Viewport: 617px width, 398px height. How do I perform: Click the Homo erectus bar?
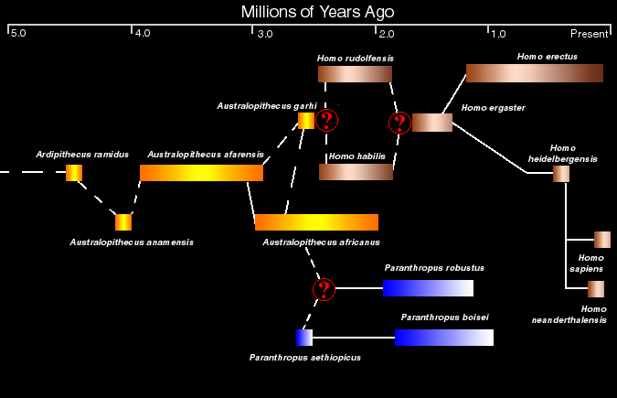point(535,73)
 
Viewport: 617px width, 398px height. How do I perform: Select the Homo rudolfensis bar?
point(355,74)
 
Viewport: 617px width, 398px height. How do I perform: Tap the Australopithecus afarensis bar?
point(201,173)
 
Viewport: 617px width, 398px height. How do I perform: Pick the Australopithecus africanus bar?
point(317,222)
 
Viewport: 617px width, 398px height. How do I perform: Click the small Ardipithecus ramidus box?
point(74,173)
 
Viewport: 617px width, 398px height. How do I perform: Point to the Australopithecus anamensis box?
point(123,222)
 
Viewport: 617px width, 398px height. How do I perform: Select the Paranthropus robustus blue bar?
point(428,288)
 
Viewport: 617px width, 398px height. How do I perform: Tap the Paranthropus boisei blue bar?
point(444,338)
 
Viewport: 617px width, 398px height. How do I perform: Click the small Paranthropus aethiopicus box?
point(304,338)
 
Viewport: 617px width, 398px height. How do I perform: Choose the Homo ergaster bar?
point(432,123)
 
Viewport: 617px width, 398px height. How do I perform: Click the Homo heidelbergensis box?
point(561,174)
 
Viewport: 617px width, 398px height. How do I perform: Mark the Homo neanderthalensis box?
point(596,289)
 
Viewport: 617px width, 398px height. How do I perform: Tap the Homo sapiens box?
point(602,240)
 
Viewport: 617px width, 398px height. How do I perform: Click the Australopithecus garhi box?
point(306,121)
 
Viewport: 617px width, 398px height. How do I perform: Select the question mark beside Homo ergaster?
point(399,123)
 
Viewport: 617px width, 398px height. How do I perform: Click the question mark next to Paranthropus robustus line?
point(324,290)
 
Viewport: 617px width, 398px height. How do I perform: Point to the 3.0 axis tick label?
point(265,34)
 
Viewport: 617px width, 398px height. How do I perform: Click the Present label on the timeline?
point(590,34)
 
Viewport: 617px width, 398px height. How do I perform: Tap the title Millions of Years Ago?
point(317,12)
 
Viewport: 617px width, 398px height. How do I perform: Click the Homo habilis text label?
point(356,156)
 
